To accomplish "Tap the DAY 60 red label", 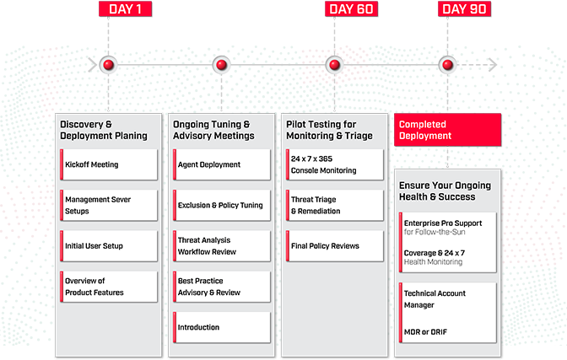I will coord(351,9).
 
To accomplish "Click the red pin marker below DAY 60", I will coord(334,65).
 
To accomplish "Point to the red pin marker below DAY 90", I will coord(447,65).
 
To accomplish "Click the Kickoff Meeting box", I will coord(109,164).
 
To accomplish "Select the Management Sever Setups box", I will coord(109,205).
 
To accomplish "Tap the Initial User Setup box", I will coord(109,245).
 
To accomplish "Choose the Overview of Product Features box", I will coord(109,287).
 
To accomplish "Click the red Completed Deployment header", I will coord(447,130).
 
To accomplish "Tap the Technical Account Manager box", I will coord(448,298).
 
